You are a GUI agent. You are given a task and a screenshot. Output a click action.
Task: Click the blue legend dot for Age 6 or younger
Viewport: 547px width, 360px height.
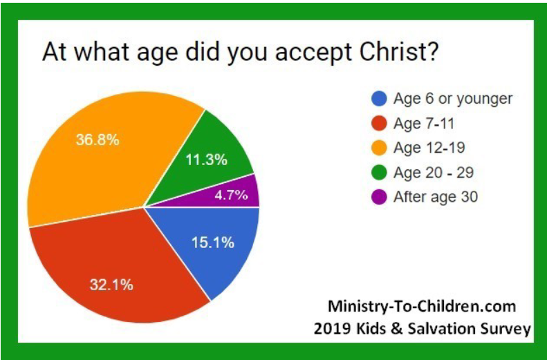point(378,98)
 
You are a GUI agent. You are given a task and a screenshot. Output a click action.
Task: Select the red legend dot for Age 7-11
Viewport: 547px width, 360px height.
point(378,123)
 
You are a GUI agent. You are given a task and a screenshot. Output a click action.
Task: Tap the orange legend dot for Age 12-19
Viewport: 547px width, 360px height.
point(378,148)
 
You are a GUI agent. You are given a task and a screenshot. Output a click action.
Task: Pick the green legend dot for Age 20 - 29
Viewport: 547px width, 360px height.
point(378,172)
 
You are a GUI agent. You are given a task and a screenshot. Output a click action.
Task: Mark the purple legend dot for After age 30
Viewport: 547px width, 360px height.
point(378,197)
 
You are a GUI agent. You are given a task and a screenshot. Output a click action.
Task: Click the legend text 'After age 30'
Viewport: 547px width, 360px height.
point(435,197)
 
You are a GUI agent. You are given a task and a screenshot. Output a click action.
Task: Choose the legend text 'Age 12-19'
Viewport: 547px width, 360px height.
point(428,148)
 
